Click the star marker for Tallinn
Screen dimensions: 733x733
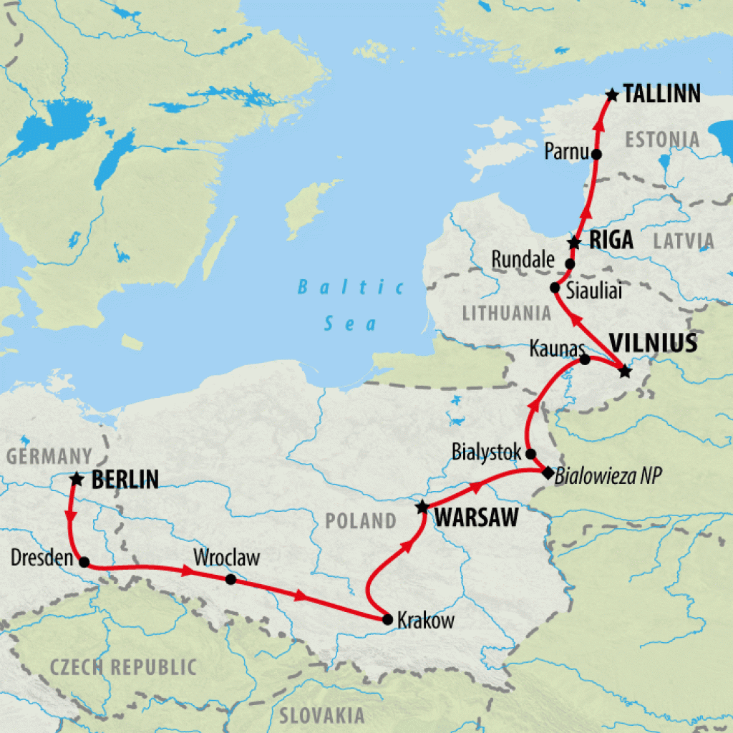[x=611, y=94]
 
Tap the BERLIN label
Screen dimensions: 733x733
[x=125, y=480]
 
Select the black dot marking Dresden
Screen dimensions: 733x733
[x=84, y=562]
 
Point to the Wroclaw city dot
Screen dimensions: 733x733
[x=230, y=578]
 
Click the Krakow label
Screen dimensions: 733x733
[x=425, y=621]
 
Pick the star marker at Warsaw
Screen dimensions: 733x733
[x=422, y=508]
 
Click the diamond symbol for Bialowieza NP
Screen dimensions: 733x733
[x=548, y=473]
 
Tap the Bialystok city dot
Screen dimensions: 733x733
[x=530, y=454]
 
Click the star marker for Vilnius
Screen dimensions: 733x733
[x=625, y=371]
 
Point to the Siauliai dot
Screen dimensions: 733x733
[x=555, y=288]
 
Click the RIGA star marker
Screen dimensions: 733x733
[x=574, y=243]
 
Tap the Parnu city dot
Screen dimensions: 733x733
[x=596, y=153]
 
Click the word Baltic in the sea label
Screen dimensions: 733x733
[x=351, y=288]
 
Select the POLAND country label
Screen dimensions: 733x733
[x=360, y=520]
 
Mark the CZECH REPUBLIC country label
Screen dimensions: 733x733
[x=122, y=667]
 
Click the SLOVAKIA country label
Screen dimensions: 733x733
[x=321, y=715]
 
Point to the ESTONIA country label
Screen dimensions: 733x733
[x=661, y=139]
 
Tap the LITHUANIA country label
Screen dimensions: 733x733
[x=507, y=313]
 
